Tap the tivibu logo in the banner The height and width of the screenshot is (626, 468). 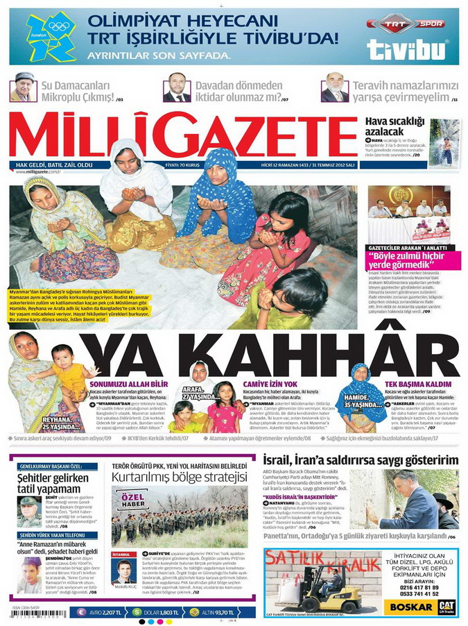pos(408,49)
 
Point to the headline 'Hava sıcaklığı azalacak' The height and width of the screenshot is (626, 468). pos(394,126)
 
